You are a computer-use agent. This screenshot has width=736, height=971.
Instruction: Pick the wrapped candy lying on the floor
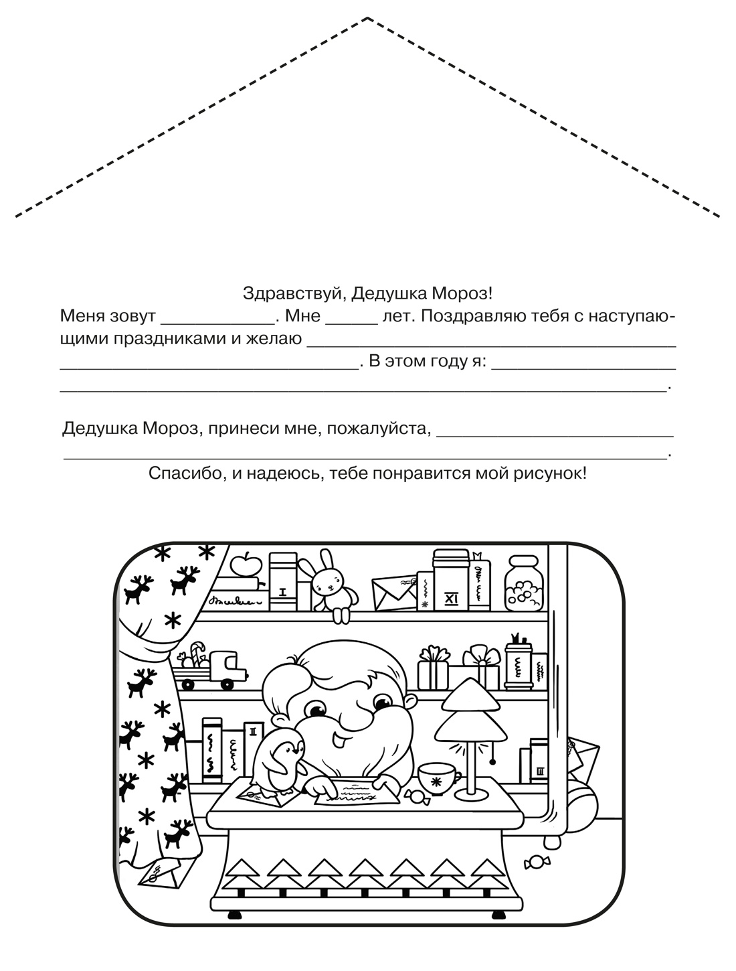(x=537, y=861)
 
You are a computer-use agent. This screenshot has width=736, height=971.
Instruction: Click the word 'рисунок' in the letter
(x=553, y=474)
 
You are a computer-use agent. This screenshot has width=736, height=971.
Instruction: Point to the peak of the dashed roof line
(x=368, y=19)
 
